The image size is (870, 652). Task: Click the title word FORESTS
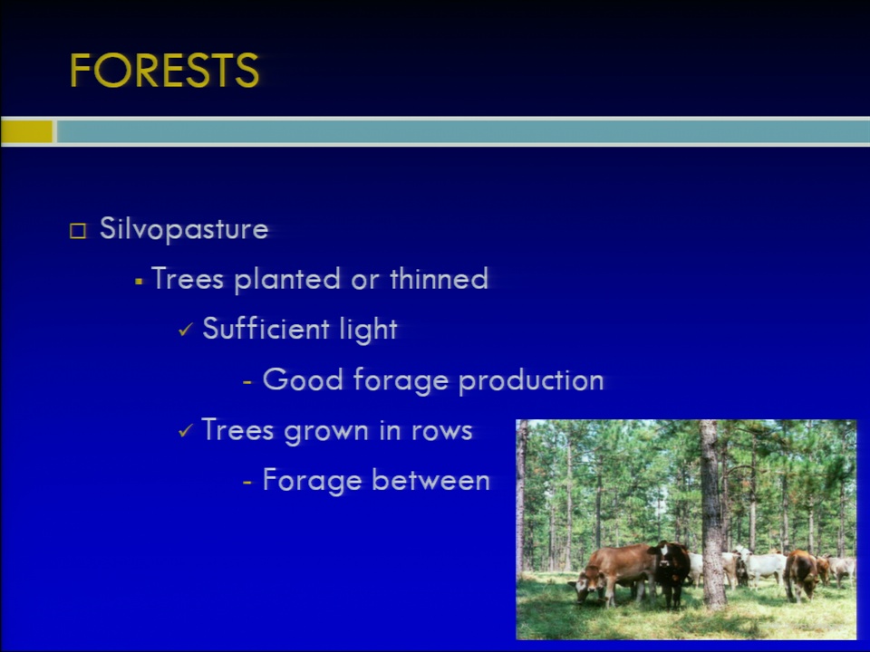coord(164,71)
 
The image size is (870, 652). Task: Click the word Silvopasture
coord(184,229)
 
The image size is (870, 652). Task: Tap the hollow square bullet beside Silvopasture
coord(78,231)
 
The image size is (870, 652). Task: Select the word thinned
coord(439,278)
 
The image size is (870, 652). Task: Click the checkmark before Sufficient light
coord(186,330)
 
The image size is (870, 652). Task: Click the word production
coord(531,380)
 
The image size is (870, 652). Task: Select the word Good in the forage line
coord(303,379)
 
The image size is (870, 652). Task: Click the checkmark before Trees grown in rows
coord(186,431)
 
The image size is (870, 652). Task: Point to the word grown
coord(326,431)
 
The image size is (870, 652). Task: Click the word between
coord(430,480)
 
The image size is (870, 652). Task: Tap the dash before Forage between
coord(247,482)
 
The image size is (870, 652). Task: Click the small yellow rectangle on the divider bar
coord(26,132)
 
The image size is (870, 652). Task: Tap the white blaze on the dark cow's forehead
coord(664,551)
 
